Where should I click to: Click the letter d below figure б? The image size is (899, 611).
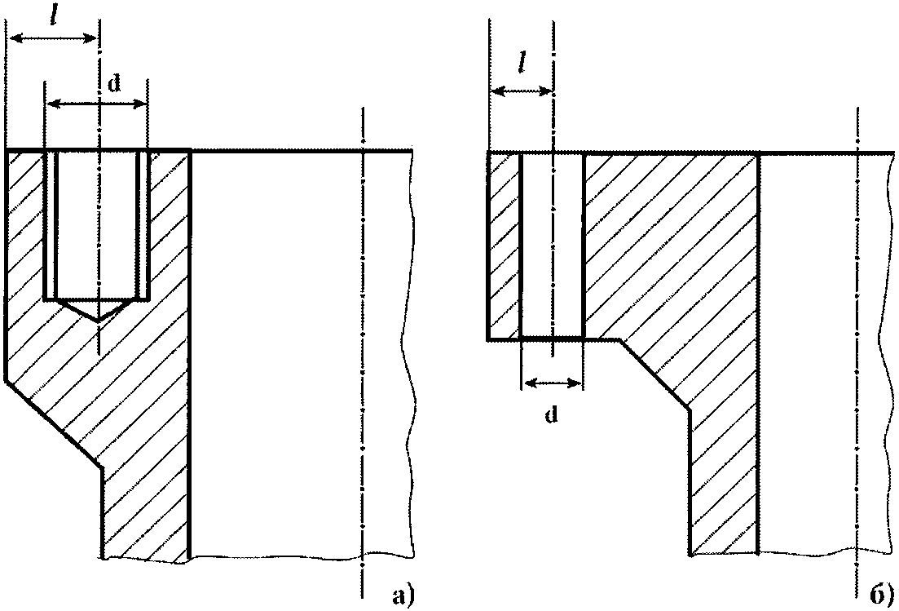551,415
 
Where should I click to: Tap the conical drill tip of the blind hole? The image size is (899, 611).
98,310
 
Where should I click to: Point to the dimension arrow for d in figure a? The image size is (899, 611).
96,103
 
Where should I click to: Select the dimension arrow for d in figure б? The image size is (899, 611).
552,382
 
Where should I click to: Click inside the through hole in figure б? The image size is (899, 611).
552,245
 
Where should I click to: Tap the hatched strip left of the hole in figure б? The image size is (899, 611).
504,245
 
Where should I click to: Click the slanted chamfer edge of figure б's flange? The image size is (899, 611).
654,373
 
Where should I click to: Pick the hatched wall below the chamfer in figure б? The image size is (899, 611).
724,489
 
